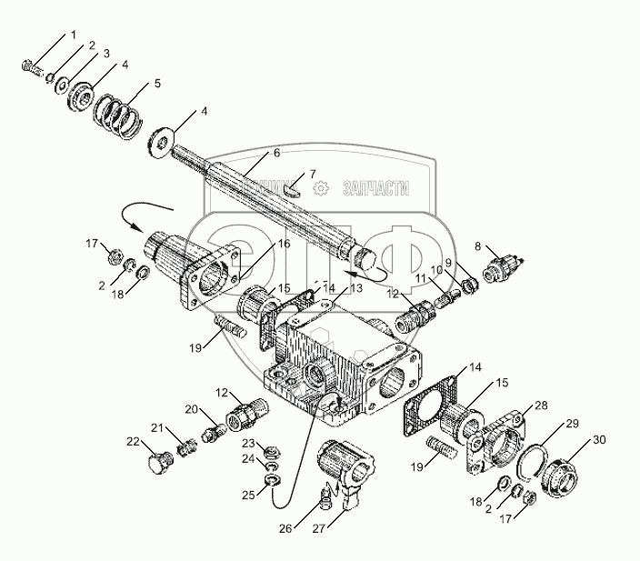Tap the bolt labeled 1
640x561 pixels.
(28, 65)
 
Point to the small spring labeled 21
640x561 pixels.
(187, 447)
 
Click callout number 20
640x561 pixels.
(191, 409)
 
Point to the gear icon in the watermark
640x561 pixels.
(320, 188)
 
